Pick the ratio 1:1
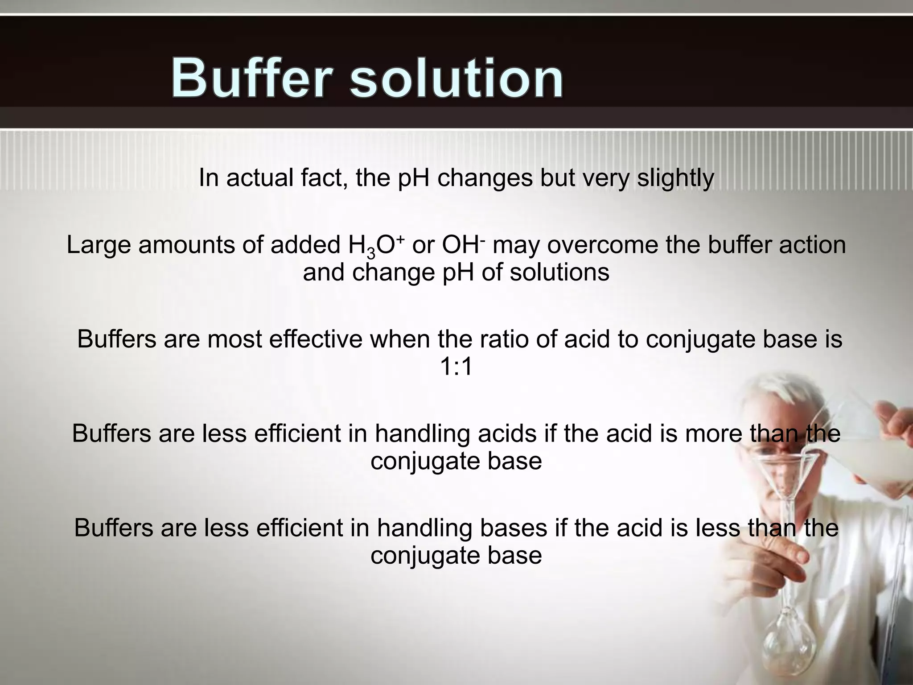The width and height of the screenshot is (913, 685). tap(456, 367)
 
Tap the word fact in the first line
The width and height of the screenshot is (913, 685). tap(324, 178)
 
